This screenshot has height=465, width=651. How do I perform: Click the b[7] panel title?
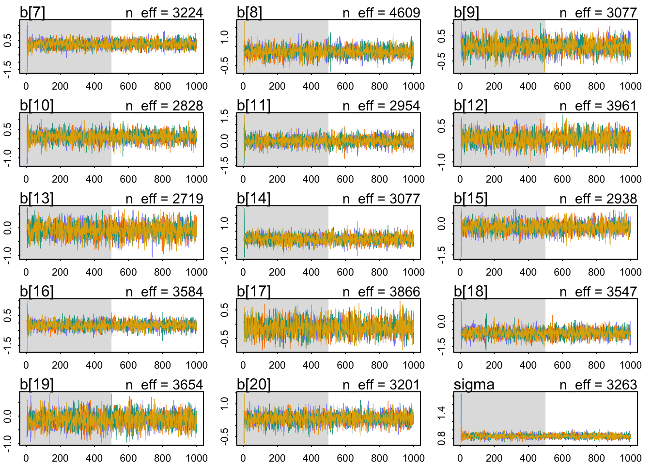pos(32,13)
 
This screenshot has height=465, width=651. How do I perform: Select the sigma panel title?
pos(474,385)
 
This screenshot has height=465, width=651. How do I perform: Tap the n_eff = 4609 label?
pos(381,13)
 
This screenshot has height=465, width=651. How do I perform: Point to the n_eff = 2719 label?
pos(164,199)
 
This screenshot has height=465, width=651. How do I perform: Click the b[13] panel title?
pos(37,199)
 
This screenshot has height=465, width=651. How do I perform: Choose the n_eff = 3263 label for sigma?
pos(598,385)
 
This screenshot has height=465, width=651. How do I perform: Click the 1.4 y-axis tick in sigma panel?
pos(441,412)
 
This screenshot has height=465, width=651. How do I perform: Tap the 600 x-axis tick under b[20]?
pos(345,458)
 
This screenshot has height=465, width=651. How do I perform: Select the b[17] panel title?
pos(254,292)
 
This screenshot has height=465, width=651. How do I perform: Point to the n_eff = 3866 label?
pos(381,292)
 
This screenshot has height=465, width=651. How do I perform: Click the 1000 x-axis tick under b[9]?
pos(630,86)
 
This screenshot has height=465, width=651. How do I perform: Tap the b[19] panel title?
pos(37,385)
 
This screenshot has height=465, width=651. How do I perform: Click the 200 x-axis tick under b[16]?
pos(60,365)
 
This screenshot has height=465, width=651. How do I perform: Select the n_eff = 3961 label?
pos(598,106)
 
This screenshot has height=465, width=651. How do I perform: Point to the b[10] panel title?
pos(37,106)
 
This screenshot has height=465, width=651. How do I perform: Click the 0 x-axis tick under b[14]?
pos(243,272)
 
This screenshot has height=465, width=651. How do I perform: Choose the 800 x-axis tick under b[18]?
pos(596,365)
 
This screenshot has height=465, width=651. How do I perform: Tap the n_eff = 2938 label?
pos(598,199)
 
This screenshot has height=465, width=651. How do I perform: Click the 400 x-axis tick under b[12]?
pos(528,179)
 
